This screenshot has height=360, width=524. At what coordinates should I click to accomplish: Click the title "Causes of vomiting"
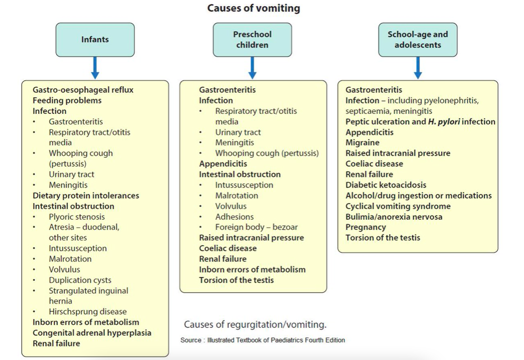pos(253,8)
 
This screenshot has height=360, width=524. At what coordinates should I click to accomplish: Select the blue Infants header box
pos(95,39)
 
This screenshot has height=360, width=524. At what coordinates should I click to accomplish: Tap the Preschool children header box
pos(252,39)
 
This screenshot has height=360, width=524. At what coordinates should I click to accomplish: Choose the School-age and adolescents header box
pos(418,39)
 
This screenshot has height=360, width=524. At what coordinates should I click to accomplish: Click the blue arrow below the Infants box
pos(95,67)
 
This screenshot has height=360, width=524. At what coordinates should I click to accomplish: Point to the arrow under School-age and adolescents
pos(418,67)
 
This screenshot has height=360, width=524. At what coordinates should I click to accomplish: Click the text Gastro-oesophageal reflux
pos(83,90)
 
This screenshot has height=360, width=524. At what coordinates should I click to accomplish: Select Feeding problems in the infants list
pos(67,100)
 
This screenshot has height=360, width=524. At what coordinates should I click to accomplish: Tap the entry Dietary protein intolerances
pos(86,196)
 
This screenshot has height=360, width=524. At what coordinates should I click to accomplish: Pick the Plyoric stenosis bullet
pos(76,217)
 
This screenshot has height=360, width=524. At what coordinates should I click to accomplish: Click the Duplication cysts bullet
pos(80,280)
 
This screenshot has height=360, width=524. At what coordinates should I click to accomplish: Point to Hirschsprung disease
pos(87,311)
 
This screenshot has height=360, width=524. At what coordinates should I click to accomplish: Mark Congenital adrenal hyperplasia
pos(92,333)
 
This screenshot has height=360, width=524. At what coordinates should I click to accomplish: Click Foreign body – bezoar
pos(256,227)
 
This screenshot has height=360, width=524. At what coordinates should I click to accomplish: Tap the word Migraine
pos(362,143)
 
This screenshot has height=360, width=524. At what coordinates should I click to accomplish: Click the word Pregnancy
pos(366,227)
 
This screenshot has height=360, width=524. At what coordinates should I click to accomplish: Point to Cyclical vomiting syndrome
pos(398,206)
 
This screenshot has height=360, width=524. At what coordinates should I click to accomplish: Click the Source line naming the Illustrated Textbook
pos(263,340)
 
